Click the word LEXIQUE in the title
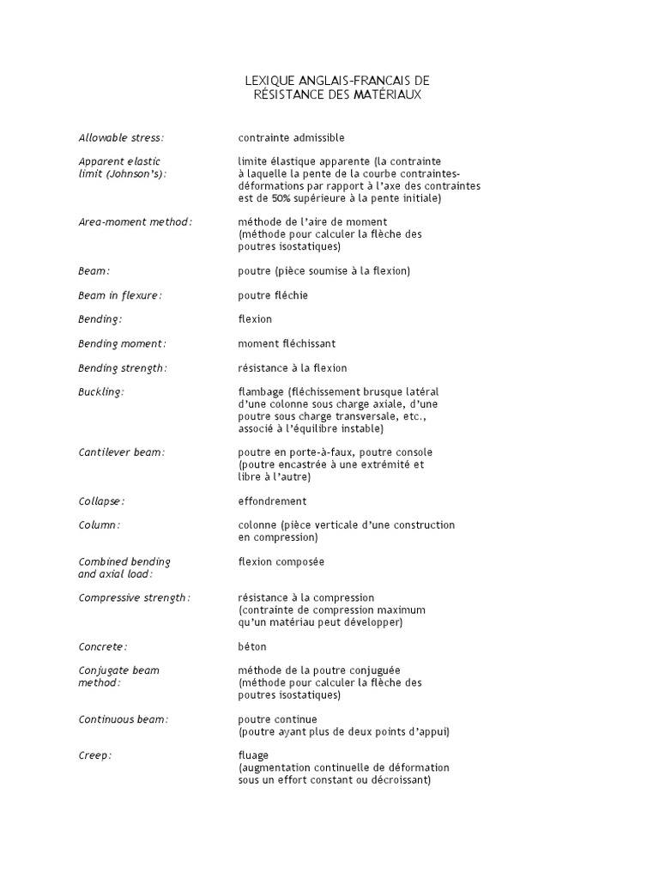click(x=267, y=81)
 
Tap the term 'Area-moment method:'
click(x=136, y=221)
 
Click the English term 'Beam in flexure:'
click(x=120, y=295)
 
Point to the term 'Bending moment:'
click(x=122, y=343)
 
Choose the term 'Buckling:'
click(x=101, y=391)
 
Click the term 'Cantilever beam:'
click(x=121, y=452)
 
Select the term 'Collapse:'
click(x=102, y=500)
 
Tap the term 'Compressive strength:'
click(x=135, y=597)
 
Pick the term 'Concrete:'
click(x=103, y=646)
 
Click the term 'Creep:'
click(x=95, y=755)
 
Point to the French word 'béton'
click(x=252, y=646)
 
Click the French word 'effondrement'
click(x=272, y=500)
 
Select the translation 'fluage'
click(x=254, y=755)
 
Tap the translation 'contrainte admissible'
click(x=291, y=137)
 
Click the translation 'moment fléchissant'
click(x=287, y=343)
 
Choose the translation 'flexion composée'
click(x=281, y=561)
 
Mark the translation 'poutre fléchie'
click(x=272, y=295)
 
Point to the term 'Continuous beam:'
click(x=124, y=719)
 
